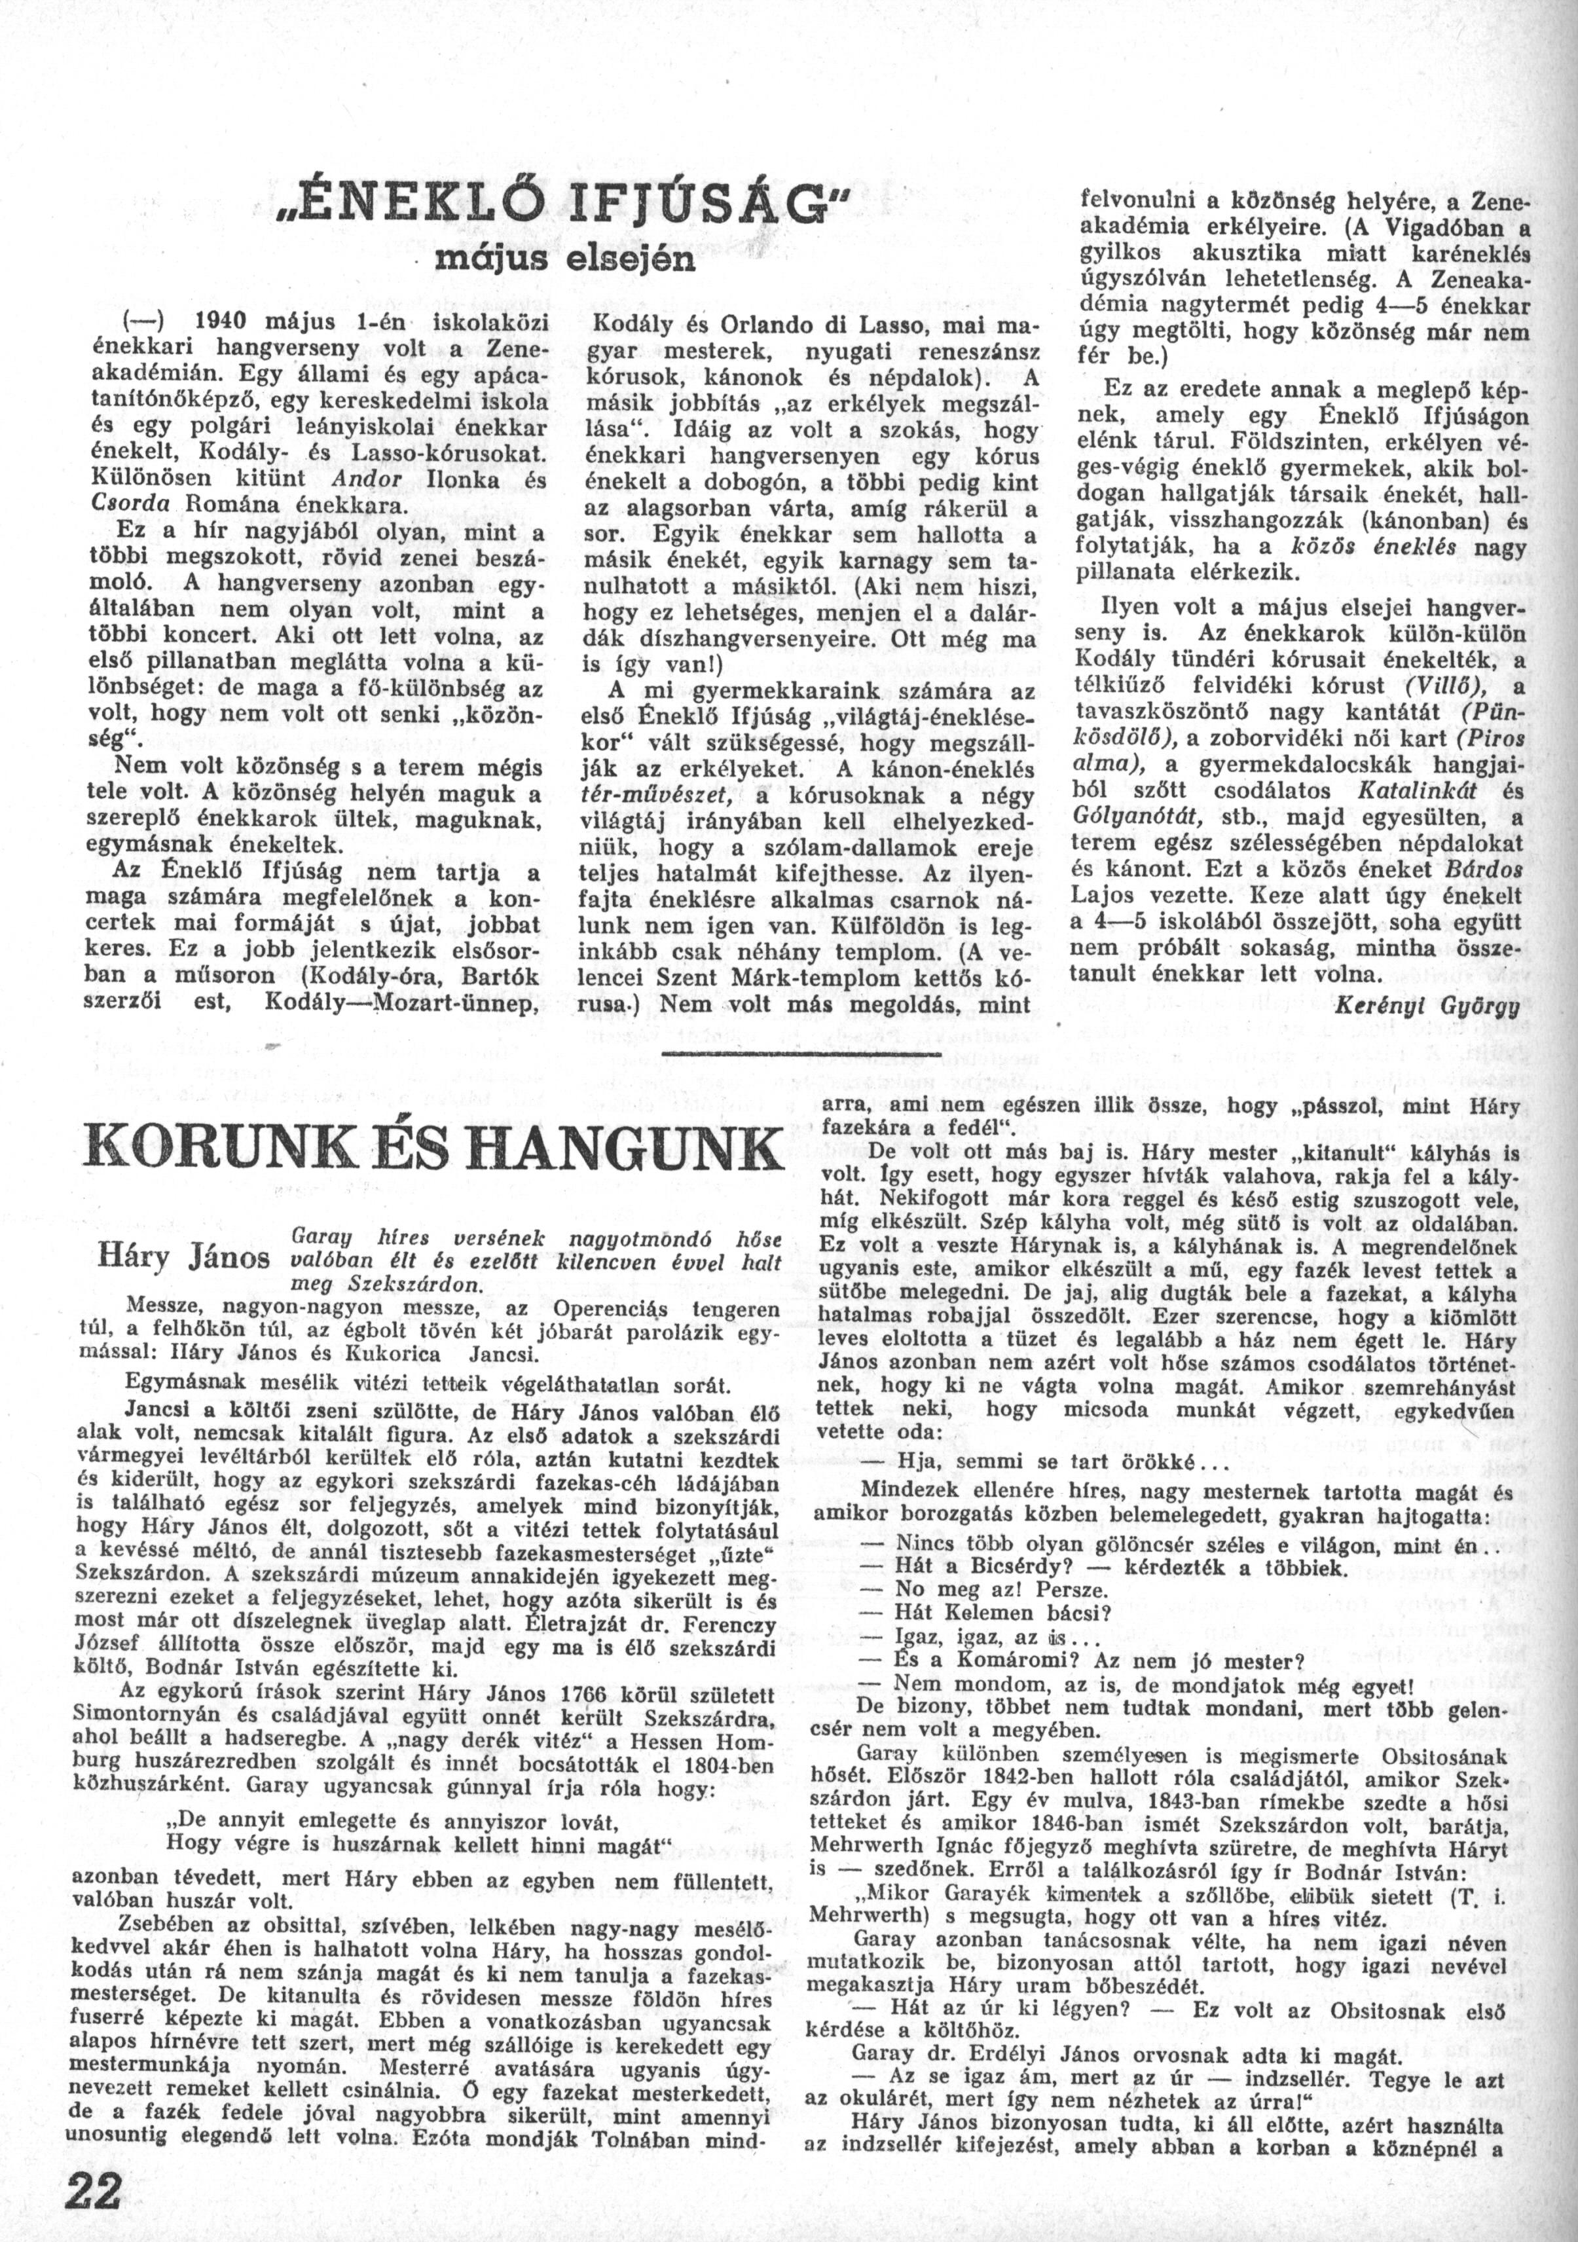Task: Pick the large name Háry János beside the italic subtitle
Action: (185, 1258)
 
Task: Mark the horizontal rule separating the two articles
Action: (801, 1056)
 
